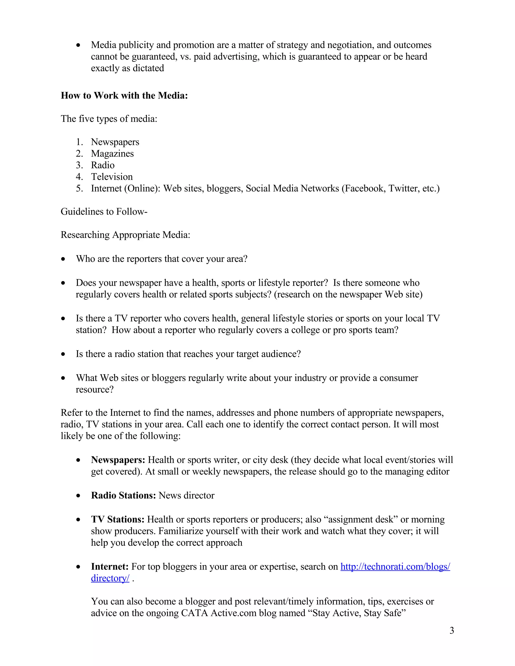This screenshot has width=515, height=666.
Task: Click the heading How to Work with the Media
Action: (124, 96)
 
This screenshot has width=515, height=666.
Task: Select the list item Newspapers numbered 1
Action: (115, 142)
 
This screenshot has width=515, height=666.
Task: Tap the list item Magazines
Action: (112, 154)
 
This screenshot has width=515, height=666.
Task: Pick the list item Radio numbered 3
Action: (103, 165)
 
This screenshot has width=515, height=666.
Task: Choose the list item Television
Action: (112, 177)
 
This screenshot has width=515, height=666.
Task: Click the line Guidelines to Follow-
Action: (104, 212)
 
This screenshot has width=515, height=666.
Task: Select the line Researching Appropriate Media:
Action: (125, 235)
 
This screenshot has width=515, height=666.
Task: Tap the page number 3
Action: (452, 631)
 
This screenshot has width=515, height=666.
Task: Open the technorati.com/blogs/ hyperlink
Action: (395, 566)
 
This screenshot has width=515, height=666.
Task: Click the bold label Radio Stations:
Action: (123, 495)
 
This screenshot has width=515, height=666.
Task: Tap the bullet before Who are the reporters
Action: (63, 259)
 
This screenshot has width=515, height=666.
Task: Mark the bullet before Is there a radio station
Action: (63, 354)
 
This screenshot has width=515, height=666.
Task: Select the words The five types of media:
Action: (109, 119)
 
